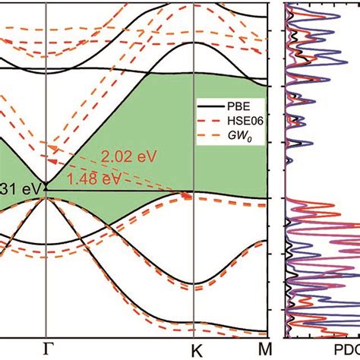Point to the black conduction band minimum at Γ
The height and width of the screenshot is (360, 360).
coord(46,185)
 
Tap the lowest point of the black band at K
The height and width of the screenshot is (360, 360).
coord(194,283)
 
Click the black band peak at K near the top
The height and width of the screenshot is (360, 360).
coord(194,16)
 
